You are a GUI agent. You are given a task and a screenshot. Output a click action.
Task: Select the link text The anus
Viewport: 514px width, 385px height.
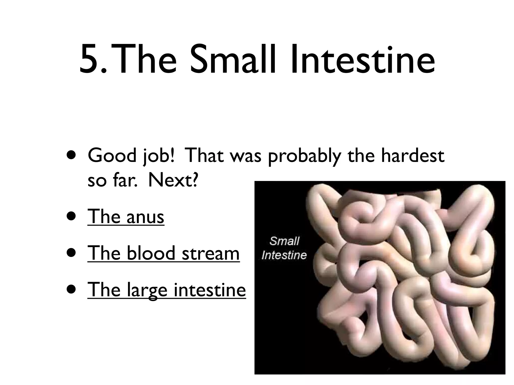click(126, 217)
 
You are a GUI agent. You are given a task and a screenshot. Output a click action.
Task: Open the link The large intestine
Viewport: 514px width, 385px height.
click(166, 290)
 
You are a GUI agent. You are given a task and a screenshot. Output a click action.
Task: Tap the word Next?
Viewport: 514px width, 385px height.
click(173, 180)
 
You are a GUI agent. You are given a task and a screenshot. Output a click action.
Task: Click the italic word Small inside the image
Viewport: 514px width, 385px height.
click(284, 241)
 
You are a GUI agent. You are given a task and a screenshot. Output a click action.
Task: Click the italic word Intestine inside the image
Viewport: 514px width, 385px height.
click(284, 255)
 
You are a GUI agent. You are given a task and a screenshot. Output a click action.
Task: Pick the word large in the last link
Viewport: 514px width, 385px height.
click(147, 290)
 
